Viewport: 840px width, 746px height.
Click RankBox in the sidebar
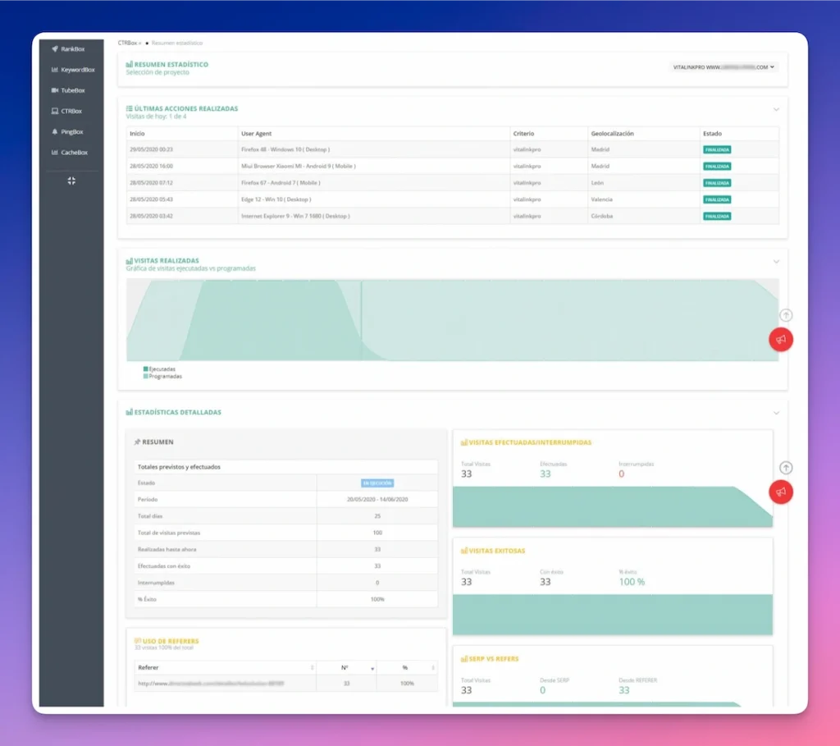point(72,49)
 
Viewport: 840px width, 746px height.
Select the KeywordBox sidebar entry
point(77,70)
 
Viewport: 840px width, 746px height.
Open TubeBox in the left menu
point(72,90)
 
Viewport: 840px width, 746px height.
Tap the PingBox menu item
point(72,131)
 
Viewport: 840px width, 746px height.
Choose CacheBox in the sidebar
point(74,152)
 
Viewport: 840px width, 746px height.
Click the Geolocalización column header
point(612,134)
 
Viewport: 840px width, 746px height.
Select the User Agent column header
point(257,134)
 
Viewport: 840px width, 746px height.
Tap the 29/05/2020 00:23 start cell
point(151,149)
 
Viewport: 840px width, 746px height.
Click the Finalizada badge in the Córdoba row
point(717,216)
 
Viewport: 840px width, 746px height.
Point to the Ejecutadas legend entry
point(162,368)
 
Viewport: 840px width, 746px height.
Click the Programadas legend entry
point(164,376)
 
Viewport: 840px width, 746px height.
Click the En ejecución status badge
point(377,483)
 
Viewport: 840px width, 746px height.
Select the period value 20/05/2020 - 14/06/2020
point(377,499)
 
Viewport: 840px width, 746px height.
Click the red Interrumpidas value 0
point(622,474)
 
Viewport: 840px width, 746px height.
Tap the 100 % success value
point(632,582)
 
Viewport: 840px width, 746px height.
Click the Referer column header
point(148,667)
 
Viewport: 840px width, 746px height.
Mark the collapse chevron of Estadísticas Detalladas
point(776,413)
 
